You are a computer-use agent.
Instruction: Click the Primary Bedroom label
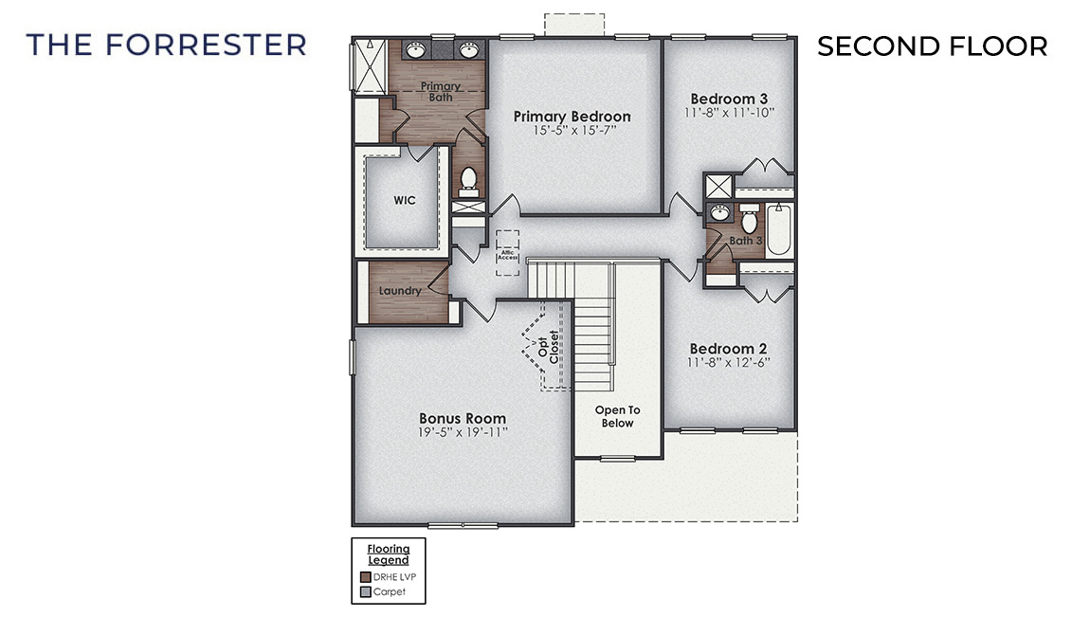572,116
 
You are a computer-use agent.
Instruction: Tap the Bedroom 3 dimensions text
729,112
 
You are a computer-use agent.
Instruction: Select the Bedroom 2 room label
728,348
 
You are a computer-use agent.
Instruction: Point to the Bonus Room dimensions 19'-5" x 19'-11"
463,432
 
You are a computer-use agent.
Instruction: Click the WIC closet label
405,201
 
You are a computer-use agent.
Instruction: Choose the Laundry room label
399,291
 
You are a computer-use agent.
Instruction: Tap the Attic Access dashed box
508,253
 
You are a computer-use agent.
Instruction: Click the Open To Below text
617,416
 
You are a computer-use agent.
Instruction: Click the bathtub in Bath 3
779,231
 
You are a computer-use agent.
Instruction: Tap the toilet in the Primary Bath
468,180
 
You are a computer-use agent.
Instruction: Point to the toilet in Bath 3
749,221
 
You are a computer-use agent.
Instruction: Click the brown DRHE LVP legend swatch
366,576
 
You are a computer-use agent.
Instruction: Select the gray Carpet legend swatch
366,591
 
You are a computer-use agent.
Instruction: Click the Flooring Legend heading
389,553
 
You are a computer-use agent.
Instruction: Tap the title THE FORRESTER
167,45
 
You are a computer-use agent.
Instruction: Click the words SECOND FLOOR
932,45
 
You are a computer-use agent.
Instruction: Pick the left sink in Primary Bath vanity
418,49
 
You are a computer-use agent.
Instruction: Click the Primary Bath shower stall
364,64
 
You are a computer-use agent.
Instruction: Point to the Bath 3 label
745,241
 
